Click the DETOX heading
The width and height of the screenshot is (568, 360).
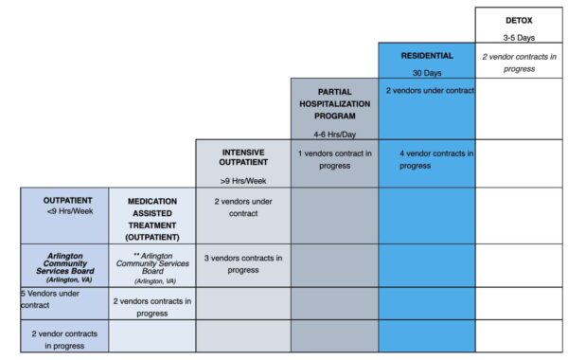[519, 21]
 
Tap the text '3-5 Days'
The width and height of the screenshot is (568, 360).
[519, 37]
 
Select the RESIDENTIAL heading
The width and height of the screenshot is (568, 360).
[427, 56]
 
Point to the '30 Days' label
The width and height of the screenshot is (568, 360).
[427, 73]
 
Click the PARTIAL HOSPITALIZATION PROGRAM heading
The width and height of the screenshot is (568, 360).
[335, 104]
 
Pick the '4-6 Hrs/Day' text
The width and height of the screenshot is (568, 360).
[335, 135]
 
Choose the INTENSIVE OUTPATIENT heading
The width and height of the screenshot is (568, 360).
[243, 157]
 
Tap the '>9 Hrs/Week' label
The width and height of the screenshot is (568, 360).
[243, 181]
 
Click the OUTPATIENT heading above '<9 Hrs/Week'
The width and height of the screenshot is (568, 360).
[68, 201]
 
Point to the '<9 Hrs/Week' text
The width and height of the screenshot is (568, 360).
[70, 211]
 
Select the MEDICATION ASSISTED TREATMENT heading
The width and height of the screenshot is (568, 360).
[152, 220]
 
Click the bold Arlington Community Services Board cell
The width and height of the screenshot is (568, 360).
[65, 267]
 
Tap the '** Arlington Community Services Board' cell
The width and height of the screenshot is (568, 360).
[152, 268]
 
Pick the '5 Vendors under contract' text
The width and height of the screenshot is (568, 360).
[50, 299]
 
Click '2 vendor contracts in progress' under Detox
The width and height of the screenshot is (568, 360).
[519, 63]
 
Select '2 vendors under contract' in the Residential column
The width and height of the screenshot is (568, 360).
[430, 91]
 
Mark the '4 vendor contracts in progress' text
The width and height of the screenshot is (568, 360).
[436, 159]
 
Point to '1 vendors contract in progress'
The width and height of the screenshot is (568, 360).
[335, 159]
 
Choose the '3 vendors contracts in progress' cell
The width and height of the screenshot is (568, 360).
[243, 264]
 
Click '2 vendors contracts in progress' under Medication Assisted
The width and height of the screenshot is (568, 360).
[152, 307]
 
